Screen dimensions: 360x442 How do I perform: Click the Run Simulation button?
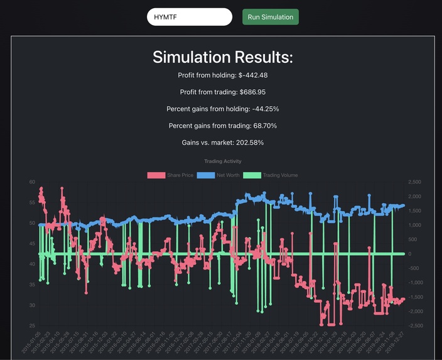(270, 17)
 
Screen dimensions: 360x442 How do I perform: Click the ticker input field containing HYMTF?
(189, 17)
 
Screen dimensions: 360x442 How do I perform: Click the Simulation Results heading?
(223, 57)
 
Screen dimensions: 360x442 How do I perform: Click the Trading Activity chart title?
(223, 161)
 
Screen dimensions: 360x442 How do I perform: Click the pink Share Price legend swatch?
(156, 175)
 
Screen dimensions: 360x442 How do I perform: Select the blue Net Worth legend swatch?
(206, 175)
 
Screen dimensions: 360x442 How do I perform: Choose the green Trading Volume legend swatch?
(252, 175)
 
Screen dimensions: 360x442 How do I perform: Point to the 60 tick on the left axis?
(32, 182)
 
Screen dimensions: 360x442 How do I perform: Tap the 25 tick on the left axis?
(32, 325)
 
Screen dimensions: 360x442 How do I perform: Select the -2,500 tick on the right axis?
(415, 325)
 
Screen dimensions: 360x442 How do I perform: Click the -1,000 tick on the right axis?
(415, 283)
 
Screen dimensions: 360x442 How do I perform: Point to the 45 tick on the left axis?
(32, 244)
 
